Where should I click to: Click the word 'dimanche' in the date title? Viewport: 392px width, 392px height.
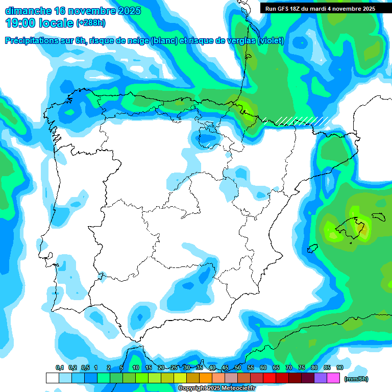[x=28, y=11]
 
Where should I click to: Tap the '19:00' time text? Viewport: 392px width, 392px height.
[x=20, y=23]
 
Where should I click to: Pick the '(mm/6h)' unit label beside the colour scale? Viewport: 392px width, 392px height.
[x=356, y=379]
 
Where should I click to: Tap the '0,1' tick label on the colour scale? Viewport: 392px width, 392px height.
[x=60, y=368]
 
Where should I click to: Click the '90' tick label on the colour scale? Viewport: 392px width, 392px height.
[x=339, y=368]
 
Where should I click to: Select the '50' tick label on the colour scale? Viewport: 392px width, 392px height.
[x=238, y=368]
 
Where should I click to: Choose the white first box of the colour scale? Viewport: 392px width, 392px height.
[x=52, y=378]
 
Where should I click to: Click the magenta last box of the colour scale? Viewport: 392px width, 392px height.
[x=333, y=378]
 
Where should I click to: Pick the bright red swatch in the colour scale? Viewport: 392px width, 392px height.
[x=269, y=378]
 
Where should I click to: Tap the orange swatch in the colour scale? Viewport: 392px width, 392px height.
[x=206, y=378]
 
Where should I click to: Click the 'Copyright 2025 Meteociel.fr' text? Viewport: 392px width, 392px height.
[x=216, y=388]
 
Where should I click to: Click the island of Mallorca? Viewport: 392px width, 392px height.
[x=353, y=227]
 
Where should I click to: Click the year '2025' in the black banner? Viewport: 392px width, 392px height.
[x=366, y=9]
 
